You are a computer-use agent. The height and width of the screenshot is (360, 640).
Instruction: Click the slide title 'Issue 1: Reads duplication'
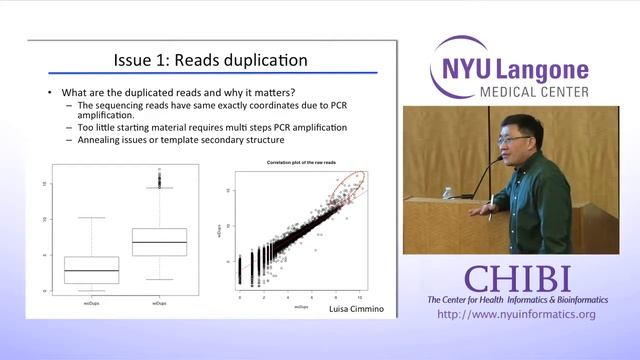click(x=210, y=60)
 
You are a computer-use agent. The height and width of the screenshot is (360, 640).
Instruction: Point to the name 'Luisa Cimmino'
click(x=356, y=313)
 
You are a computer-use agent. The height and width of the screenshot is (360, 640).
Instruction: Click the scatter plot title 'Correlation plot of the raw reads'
click(x=301, y=162)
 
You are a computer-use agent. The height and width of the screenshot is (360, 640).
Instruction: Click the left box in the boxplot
click(x=91, y=270)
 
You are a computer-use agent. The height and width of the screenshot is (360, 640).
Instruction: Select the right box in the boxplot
click(x=160, y=242)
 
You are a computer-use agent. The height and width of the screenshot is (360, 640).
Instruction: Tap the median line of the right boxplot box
click(x=160, y=242)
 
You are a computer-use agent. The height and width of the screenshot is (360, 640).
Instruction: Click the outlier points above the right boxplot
click(x=160, y=180)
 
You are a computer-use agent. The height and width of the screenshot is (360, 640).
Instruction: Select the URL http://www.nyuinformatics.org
click(x=516, y=315)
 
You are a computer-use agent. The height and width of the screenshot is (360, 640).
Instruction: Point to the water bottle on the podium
click(x=447, y=192)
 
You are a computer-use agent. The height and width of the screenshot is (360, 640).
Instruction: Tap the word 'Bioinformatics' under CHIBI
click(x=568, y=300)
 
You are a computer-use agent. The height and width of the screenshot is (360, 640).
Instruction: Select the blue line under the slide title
click(x=212, y=74)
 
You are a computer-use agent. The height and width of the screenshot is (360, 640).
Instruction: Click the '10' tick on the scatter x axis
click(x=360, y=298)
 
